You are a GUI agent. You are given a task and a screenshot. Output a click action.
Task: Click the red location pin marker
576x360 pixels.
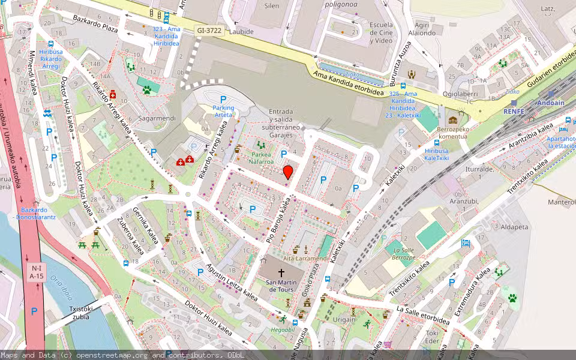coord(288,173)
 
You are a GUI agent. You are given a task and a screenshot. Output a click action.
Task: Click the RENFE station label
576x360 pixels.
coord(514,111)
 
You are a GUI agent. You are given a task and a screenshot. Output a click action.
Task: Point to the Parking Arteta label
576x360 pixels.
coord(223,111)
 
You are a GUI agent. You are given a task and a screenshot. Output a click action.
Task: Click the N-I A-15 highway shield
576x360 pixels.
coord(37,272)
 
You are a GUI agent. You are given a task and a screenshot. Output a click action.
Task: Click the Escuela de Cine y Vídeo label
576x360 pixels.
coord(381,32)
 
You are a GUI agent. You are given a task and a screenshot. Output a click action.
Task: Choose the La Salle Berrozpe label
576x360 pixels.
coord(403,253)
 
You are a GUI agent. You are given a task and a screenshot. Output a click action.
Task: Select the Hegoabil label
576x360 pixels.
coord(282,329)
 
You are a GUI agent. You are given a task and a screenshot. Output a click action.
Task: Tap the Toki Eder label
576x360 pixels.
coord(432,337)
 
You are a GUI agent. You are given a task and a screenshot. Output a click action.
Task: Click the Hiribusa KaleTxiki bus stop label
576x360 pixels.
coord(437,154)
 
